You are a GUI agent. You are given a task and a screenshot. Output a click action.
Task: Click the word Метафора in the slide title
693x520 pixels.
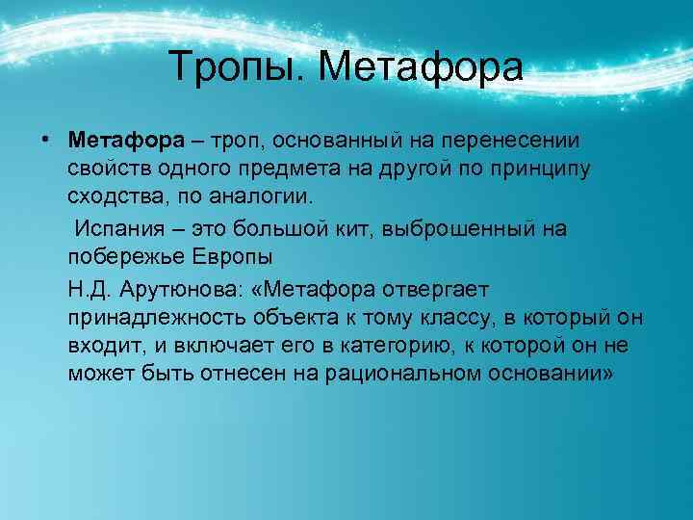point(420,67)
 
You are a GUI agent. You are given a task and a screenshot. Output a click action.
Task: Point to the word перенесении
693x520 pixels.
point(524,141)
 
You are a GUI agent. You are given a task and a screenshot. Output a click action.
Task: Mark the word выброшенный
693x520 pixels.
point(462,229)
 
